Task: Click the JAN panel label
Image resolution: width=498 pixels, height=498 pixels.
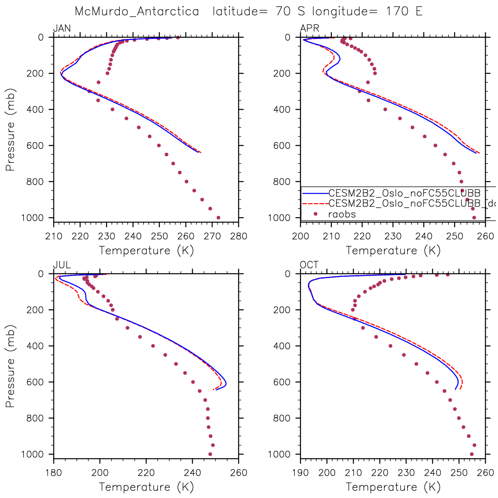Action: tap(62, 29)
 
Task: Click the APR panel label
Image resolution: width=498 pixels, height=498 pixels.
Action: tap(309, 29)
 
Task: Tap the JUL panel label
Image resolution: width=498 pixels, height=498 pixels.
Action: tap(62, 265)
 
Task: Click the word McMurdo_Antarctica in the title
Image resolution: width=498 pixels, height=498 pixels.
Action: tap(137, 11)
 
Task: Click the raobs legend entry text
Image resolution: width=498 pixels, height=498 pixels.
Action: tap(342, 214)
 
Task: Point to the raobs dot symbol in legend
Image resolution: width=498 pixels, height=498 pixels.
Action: tap(315, 214)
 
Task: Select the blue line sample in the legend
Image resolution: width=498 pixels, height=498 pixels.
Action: tap(315, 193)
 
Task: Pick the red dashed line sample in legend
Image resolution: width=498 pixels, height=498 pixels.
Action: tap(315, 204)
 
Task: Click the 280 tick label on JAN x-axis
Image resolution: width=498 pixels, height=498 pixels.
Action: tap(238, 236)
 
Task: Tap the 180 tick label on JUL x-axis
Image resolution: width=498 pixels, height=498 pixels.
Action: tap(54, 473)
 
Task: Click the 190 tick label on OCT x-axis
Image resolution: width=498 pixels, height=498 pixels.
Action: tap(301, 473)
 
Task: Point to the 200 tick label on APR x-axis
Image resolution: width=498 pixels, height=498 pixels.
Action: tap(301, 236)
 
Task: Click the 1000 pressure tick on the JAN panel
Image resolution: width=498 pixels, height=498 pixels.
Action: tap(35, 218)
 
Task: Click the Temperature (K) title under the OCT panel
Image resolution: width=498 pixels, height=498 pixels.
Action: tap(393, 487)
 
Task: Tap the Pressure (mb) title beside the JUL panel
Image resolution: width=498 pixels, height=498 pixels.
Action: tap(11, 366)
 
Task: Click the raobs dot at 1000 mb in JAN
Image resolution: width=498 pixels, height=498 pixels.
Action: tap(219, 218)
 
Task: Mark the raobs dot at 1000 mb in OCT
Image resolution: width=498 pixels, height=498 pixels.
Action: tap(472, 454)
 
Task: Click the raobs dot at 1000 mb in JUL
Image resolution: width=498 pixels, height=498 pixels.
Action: tap(210, 454)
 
